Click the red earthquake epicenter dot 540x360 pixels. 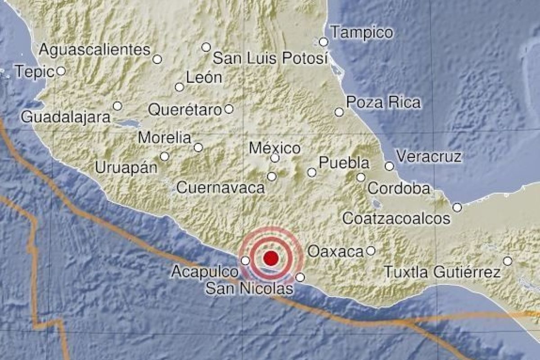[x=270, y=258]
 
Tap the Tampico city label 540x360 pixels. [x=361, y=32]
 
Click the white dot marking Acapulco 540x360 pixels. [x=245, y=260]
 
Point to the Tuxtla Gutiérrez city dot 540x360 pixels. [x=508, y=261]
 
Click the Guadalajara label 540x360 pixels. [x=66, y=117]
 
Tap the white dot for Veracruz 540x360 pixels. [x=389, y=166]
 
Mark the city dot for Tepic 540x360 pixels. [x=61, y=71]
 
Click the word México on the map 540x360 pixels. [x=274, y=148]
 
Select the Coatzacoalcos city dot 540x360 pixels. [x=457, y=207]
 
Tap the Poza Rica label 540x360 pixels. [x=384, y=103]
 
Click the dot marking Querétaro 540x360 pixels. [x=229, y=108]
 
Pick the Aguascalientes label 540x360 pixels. [x=94, y=49]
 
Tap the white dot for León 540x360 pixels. [x=180, y=87]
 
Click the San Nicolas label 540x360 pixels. [x=249, y=288]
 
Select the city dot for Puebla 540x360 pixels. [x=311, y=172]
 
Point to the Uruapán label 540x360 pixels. [x=126, y=167]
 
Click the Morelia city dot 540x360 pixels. [x=198, y=147]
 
